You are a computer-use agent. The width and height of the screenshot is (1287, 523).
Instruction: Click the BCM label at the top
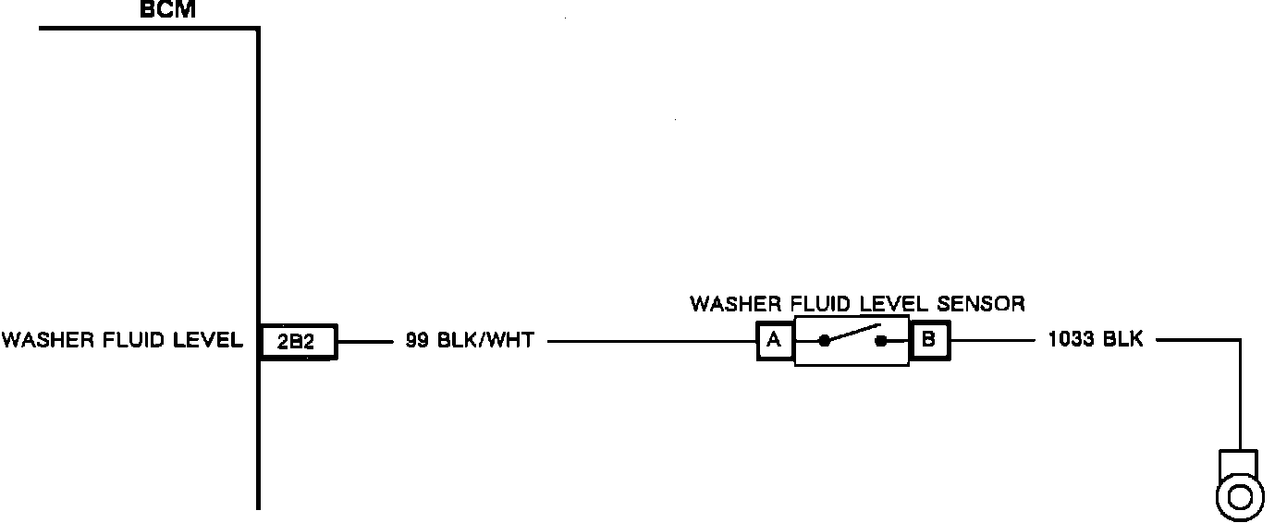pos(167,11)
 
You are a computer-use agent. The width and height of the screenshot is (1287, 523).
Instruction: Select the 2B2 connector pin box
pos(298,342)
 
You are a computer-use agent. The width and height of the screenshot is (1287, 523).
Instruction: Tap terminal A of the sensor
pos(775,341)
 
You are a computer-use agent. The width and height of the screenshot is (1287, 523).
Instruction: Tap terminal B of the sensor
pos(929,341)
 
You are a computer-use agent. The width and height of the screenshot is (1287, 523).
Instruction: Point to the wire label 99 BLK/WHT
pos(469,341)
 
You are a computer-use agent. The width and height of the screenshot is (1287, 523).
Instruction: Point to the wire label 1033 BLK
pos(1096,340)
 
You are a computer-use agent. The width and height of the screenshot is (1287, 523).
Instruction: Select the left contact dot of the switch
pos(822,342)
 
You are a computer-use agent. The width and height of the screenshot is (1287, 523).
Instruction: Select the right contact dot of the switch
pos(881,342)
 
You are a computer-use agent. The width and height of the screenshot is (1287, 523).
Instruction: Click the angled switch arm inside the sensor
pos(851,334)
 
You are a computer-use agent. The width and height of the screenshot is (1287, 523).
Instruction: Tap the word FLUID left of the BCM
pos(126,341)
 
